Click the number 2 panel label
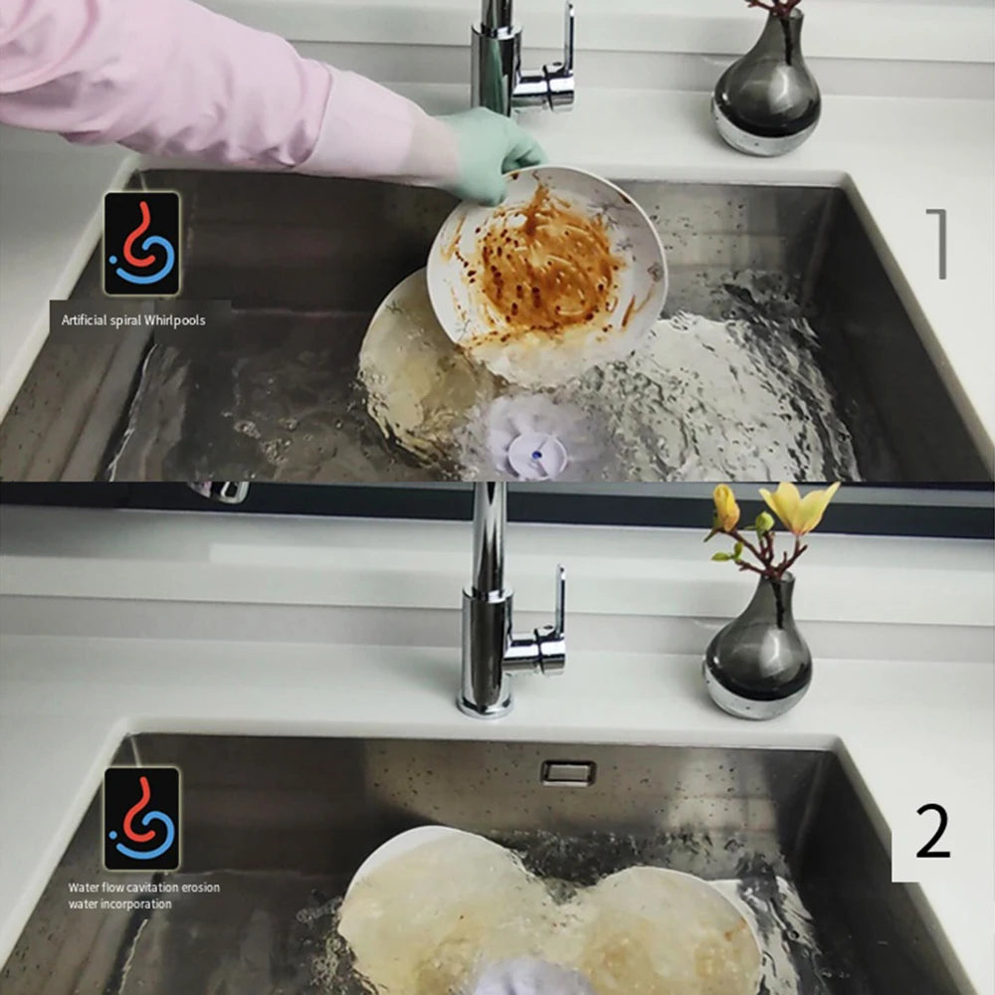[x=931, y=832]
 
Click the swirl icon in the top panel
[x=142, y=243]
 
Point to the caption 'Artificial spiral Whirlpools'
[x=133, y=320]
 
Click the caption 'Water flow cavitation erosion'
[x=144, y=887]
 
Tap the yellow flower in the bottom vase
[x=799, y=506]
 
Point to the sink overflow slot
[x=568, y=772]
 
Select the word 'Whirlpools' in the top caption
[x=175, y=320]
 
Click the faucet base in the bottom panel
[x=486, y=701]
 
